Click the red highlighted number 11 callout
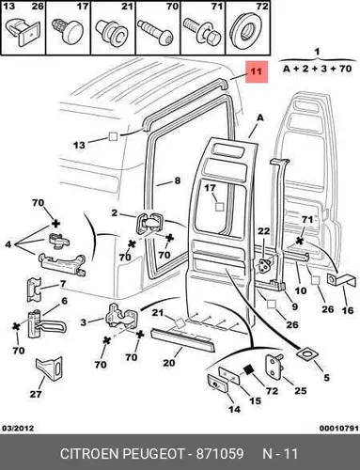257,71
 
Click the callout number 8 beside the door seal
178,180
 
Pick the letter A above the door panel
260,118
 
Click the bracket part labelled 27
49,368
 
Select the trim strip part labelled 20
182,340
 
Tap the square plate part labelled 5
306,354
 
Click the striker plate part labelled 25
274,365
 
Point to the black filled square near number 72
249,370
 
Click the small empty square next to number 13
113,136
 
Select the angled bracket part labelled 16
341,280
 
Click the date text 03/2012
18,429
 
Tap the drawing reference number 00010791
338,429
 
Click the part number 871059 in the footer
220,454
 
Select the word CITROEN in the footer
89,454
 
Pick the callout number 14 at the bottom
234,409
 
